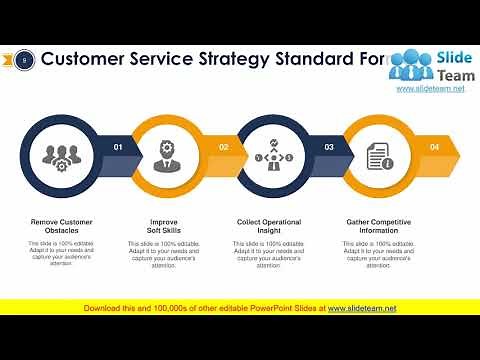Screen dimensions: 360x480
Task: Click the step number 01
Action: (x=118, y=147)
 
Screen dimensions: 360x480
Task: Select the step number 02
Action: (x=224, y=147)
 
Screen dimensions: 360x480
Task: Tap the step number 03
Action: (x=329, y=147)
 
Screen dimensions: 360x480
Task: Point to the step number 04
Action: (x=434, y=147)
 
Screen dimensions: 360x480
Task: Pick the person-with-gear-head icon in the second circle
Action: (x=166, y=155)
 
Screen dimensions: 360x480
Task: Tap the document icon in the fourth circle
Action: (x=378, y=155)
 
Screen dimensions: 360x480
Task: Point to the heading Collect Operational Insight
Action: (x=270, y=226)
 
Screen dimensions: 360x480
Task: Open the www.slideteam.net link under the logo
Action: (x=431, y=89)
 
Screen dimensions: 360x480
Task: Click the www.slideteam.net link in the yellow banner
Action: (x=362, y=308)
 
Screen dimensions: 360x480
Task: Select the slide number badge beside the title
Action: (x=24, y=60)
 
